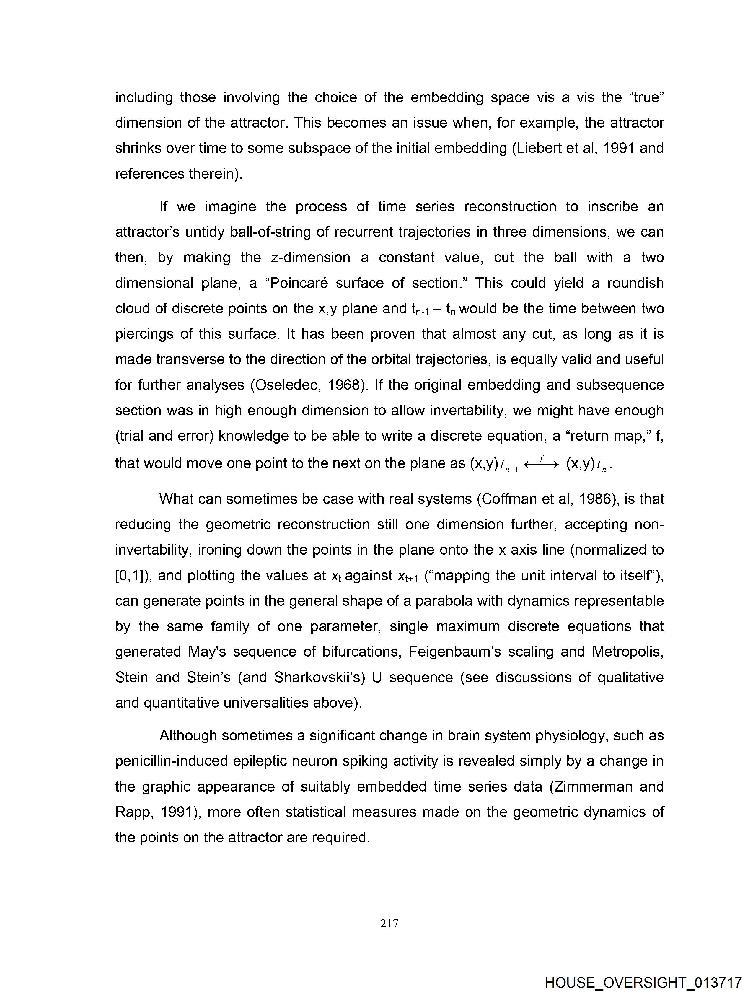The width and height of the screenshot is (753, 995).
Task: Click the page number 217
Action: tap(389, 924)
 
